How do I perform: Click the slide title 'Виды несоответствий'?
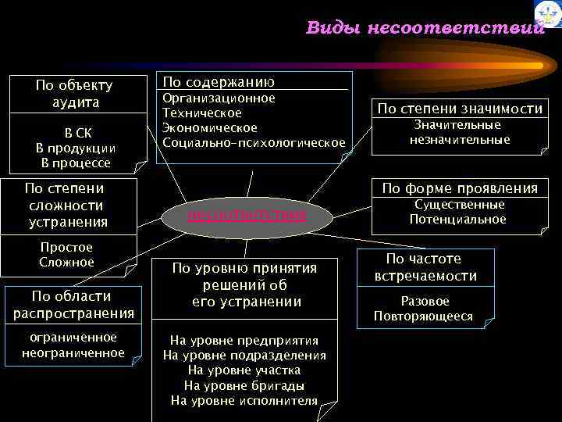(424, 29)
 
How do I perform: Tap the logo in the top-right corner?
(547, 13)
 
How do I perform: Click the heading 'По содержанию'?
(218, 82)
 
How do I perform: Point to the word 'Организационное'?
(218, 98)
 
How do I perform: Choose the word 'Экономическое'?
(209, 127)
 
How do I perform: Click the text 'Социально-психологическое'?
(253, 142)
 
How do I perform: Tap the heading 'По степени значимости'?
(459, 109)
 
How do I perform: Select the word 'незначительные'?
(459, 140)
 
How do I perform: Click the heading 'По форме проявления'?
(459, 188)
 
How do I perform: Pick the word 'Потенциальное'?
(458, 220)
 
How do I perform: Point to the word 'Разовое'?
(425, 301)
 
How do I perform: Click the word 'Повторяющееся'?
(423, 316)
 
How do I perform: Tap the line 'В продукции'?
(76, 148)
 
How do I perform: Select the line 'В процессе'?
(76, 163)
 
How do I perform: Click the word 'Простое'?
(66, 247)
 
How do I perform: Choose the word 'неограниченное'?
(73, 352)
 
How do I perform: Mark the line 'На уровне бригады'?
(244, 385)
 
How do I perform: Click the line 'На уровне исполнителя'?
(244, 401)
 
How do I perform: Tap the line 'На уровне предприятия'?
(244, 340)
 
